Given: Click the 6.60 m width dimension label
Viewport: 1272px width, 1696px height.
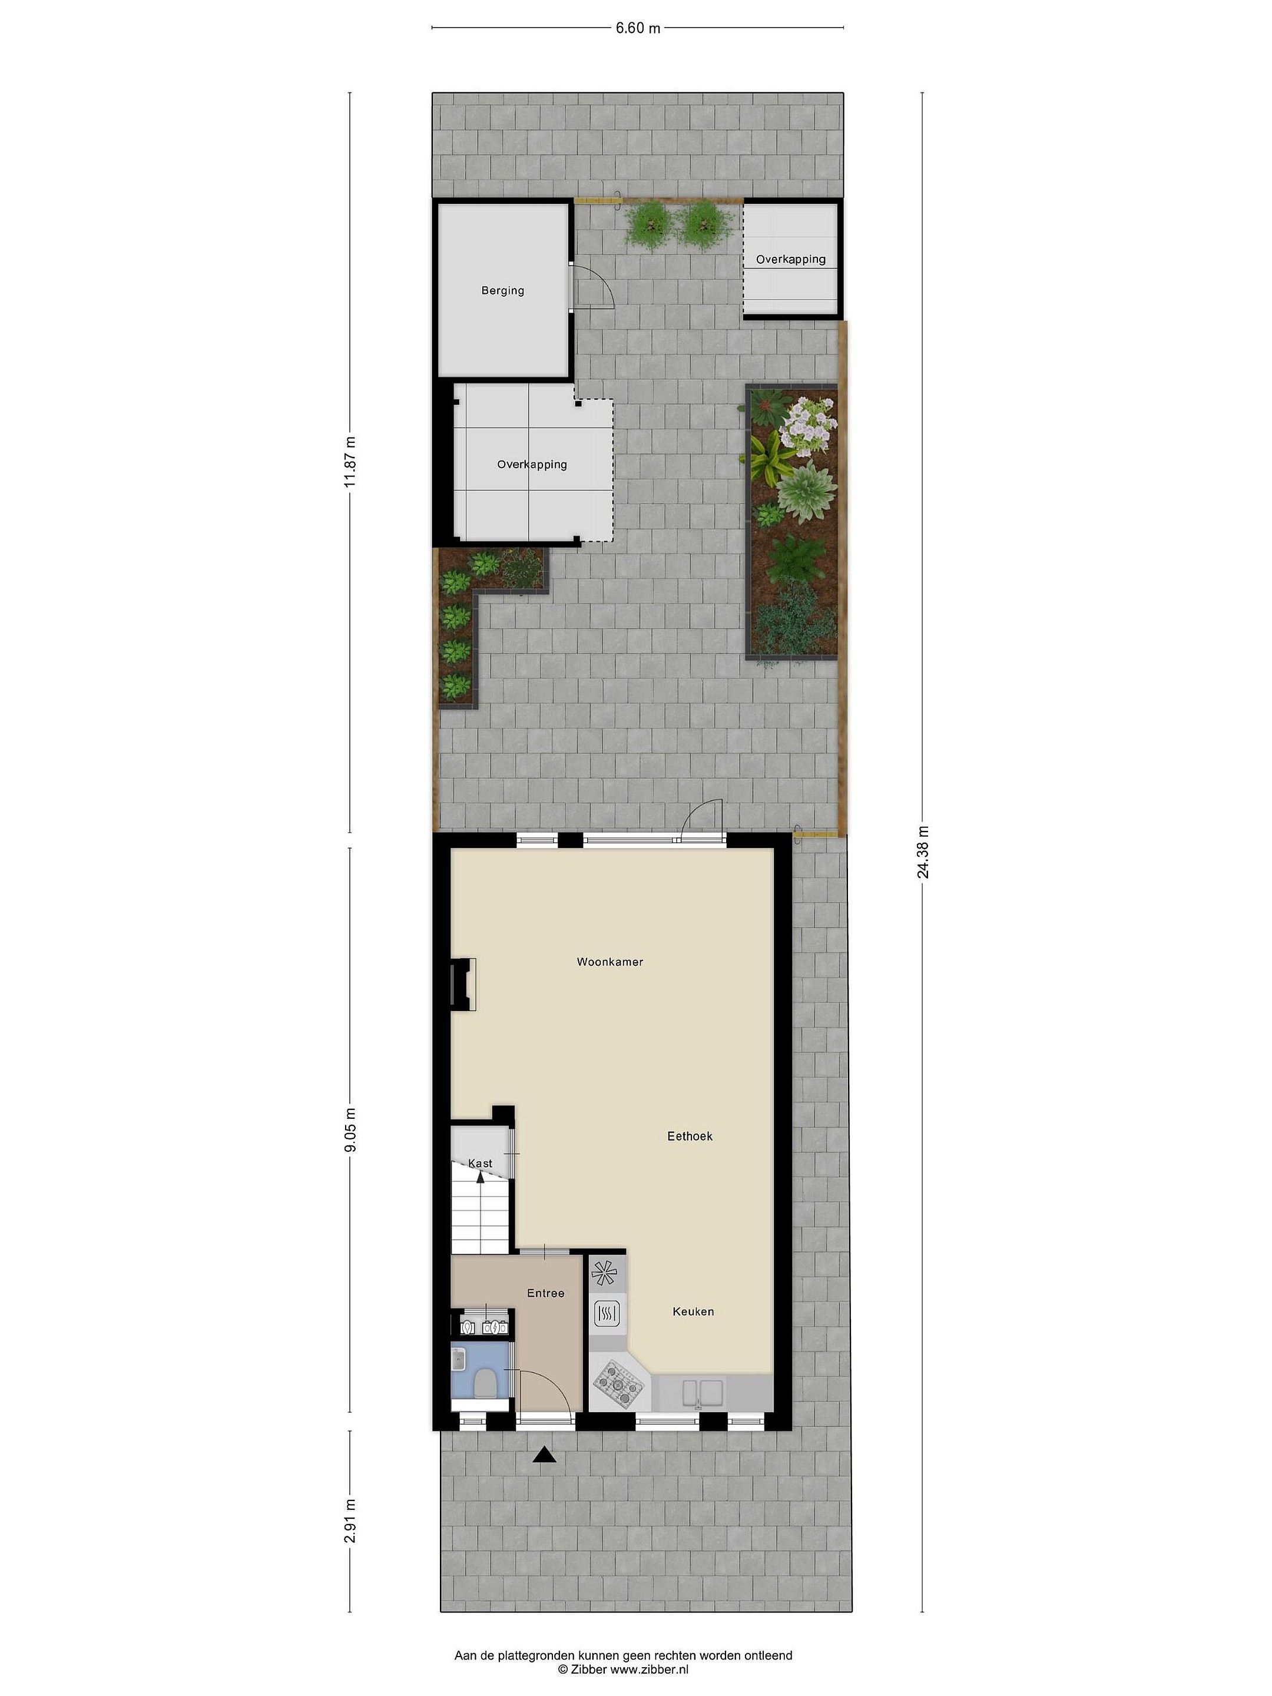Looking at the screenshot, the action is [637, 28].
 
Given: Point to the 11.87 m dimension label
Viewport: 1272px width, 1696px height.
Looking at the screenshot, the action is [350, 462].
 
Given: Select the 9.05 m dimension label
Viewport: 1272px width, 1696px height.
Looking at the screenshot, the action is [350, 1129].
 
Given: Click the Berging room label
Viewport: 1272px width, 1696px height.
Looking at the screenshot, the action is [502, 290].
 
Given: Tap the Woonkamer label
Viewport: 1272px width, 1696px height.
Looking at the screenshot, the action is [609, 962].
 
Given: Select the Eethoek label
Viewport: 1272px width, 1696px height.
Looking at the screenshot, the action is [689, 1137].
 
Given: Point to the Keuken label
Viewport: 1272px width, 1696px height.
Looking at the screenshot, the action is [693, 1311].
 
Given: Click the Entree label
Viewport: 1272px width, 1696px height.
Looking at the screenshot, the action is [545, 1293].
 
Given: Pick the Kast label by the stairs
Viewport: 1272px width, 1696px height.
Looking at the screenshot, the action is [480, 1163].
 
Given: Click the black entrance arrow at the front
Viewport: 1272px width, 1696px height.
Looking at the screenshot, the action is [544, 1454].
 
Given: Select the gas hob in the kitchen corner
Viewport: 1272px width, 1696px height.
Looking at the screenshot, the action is [619, 1384].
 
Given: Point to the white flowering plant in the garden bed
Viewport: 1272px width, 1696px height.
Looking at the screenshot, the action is [806, 426].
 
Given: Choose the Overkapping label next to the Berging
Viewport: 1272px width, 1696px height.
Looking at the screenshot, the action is [531, 464].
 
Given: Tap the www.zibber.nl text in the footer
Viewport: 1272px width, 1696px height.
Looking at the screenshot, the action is [650, 1668].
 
